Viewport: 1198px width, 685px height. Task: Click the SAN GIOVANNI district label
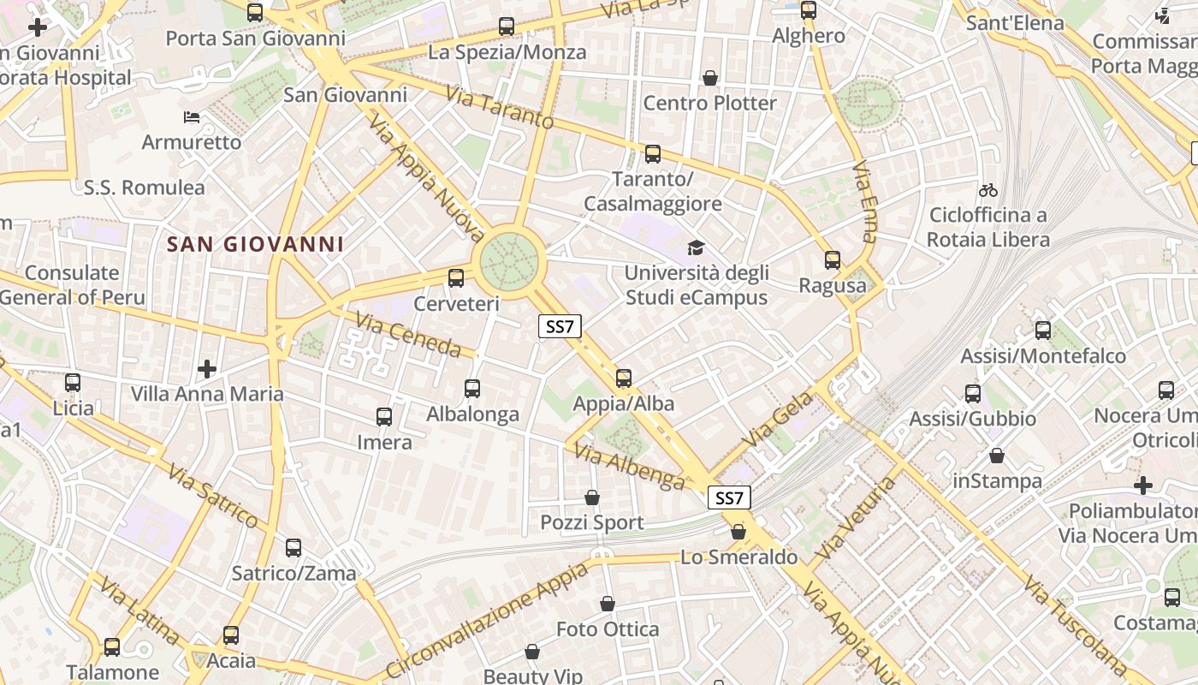click(255, 245)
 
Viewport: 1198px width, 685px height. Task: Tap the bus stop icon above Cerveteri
click(456, 278)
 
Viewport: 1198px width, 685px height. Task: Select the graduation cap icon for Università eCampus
click(696, 248)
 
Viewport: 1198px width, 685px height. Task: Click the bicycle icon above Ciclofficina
click(988, 189)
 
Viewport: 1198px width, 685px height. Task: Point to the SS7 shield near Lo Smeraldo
click(729, 497)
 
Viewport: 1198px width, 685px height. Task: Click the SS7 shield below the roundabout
click(560, 326)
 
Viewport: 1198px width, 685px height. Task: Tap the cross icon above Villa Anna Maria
click(206, 369)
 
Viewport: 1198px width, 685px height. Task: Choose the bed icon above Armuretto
click(192, 116)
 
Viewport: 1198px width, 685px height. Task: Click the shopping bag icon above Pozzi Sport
click(591, 497)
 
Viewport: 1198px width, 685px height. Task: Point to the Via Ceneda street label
click(407, 334)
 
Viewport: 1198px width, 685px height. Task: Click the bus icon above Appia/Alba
click(624, 378)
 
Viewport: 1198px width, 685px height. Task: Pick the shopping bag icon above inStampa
click(997, 456)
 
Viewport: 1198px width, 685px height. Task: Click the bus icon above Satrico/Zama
click(294, 548)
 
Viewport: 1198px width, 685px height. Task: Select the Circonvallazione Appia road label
click(486, 621)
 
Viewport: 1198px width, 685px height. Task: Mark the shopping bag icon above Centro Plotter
click(709, 79)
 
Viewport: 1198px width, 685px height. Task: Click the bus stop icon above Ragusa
click(833, 260)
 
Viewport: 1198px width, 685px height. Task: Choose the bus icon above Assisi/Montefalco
click(1043, 331)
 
